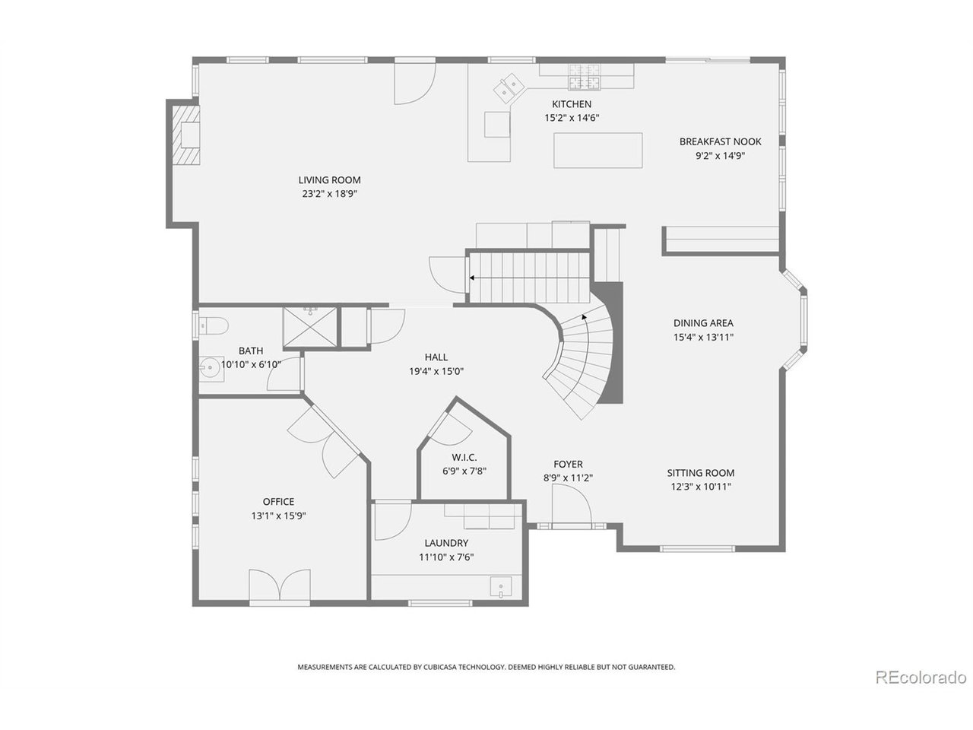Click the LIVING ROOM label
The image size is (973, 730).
coord(329,180)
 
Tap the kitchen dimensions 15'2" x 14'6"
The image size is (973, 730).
coord(572,118)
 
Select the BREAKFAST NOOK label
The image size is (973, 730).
coord(720,141)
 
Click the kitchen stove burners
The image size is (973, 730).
coord(585,76)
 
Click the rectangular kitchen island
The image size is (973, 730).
coord(597,151)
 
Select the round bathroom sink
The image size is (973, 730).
coord(211,368)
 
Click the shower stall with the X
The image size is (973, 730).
coord(310,327)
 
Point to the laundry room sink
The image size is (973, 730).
coord(500,587)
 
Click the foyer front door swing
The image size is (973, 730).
coord(572,504)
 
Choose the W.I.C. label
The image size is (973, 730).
coord(464,457)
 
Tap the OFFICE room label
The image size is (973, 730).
coord(278,501)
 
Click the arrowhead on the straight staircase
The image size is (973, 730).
coord(472,278)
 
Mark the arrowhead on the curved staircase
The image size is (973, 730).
coord(585,317)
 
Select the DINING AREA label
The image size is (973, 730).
coord(703,322)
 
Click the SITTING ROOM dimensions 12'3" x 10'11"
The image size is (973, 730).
coord(700,487)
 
